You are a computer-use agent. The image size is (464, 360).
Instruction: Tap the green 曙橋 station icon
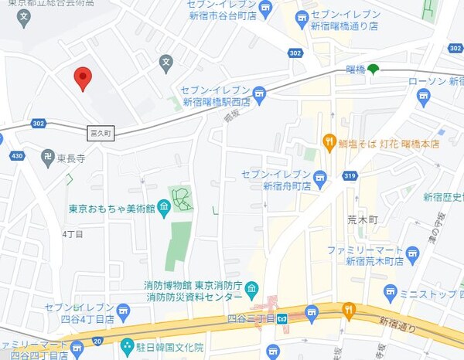374,70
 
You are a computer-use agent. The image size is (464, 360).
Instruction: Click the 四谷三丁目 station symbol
284,316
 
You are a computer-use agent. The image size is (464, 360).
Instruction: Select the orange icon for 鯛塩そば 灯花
328,142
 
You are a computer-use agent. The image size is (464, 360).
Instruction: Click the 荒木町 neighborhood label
360,219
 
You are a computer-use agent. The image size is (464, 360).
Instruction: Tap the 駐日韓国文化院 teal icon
127,348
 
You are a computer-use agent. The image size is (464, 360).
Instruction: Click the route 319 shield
350,177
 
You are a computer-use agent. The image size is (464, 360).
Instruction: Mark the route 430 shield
17,157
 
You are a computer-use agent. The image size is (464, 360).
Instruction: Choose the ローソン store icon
423,96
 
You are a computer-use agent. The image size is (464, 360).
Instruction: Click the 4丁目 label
72,233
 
